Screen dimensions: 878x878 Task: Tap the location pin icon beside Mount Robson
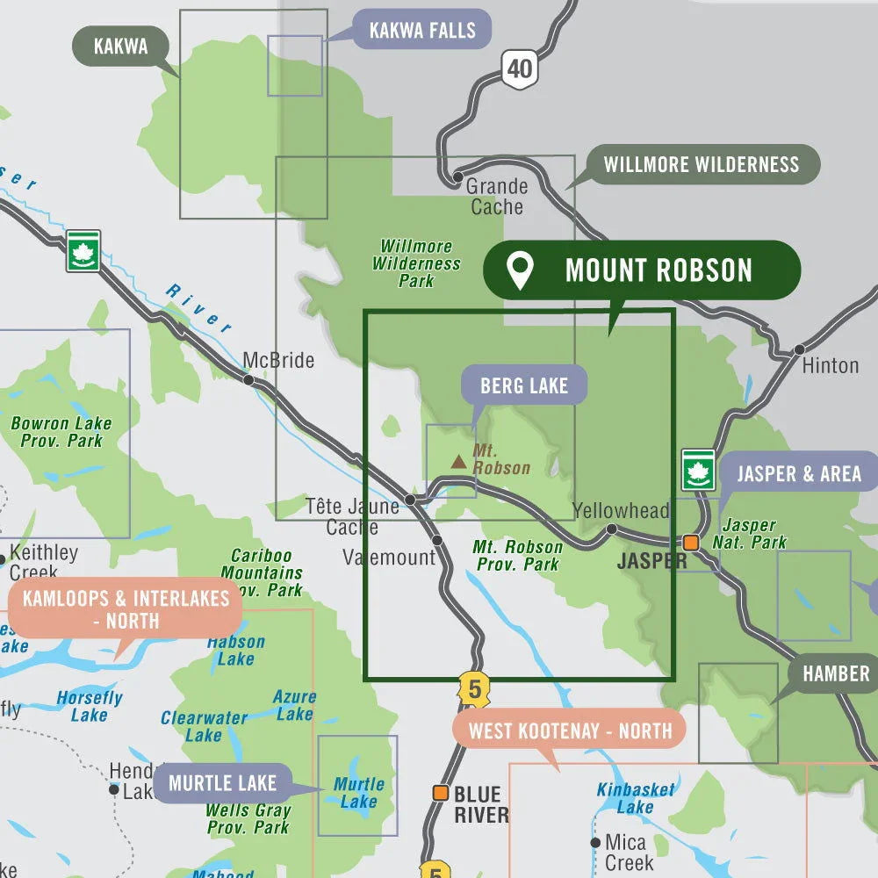tap(521, 270)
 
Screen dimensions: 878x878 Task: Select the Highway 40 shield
tap(520, 67)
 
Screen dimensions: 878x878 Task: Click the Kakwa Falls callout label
tap(421, 31)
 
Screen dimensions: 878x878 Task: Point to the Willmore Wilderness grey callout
tap(701, 164)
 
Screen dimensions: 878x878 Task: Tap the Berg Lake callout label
tap(524, 385)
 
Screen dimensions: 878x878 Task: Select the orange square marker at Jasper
tap(691, 542)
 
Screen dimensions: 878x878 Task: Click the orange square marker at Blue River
tap(440, 793)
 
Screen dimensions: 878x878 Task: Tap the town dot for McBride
tap(248, 380)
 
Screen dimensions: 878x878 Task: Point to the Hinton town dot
tap(799, 349)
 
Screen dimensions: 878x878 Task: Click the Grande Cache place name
tap(497, 196)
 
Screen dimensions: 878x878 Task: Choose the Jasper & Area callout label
tap(798, 474)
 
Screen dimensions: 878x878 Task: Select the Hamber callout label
tap(836, 673)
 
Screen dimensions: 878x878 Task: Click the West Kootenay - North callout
tap(569, 730)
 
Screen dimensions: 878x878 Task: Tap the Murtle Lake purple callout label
tap(223, 782)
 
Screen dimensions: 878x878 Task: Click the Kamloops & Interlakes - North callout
tap(126, 609)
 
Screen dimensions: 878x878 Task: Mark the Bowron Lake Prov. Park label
tap(61, 431)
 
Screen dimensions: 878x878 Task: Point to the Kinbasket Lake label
tap(636, 797)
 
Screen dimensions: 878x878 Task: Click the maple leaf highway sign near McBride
tap(83, 250)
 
